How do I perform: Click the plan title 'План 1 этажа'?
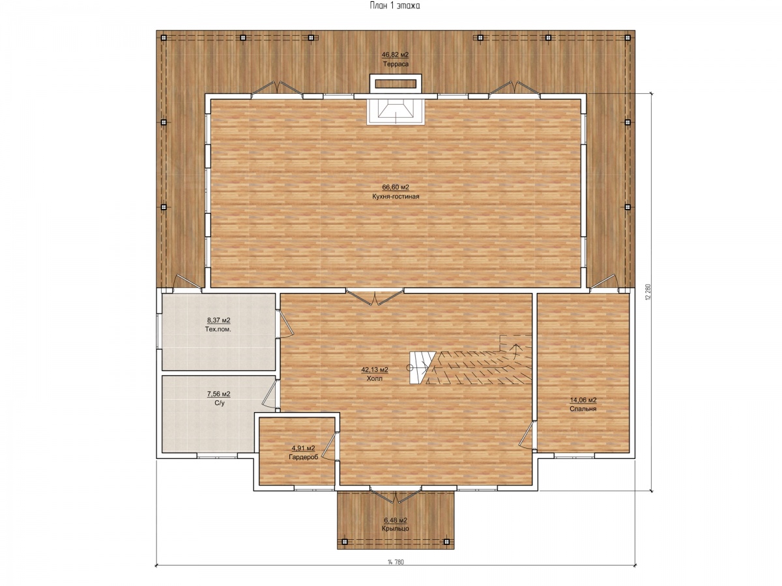tap(395, 6)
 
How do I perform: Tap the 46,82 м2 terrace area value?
tap(395, 55)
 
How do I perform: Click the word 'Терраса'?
tap(396, 64)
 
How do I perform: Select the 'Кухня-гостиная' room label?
tap(396, 197)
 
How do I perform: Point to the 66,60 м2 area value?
tap(396, 187)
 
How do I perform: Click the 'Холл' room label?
tap(375, 378)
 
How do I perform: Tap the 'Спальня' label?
tap(583, 409)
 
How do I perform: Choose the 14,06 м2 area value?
tap(583, 400)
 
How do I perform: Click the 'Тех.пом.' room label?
tap(218, 329)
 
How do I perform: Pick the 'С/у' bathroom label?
tap(219, 403)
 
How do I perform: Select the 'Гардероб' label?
tap(303, 458)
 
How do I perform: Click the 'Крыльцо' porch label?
tap(395, 529)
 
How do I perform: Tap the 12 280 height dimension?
tap(648, 292)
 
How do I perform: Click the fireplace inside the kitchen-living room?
tap(396, 111)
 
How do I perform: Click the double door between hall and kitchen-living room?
tap(375, 297)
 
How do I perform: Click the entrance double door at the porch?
tap(396, 495)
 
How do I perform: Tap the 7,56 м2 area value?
tap(219, 394)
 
